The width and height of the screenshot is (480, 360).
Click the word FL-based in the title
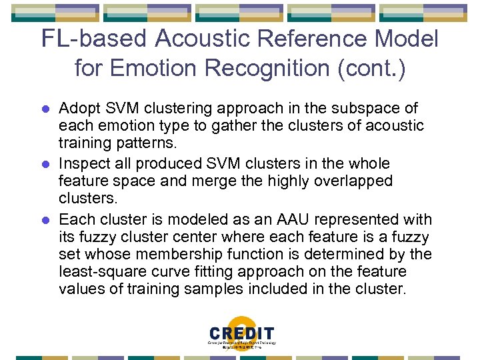(x=94, y=39)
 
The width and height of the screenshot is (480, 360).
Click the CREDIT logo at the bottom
(x=241, y=335)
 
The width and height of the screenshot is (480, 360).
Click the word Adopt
(x=78, y=109)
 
